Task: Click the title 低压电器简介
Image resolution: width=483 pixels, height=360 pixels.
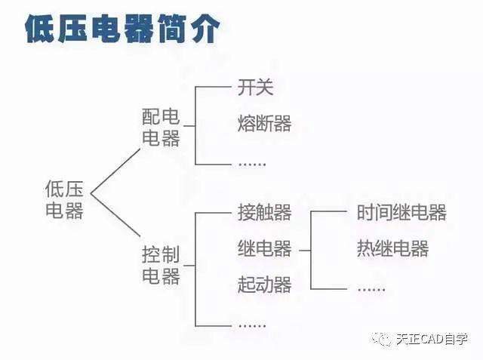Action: [122, 29]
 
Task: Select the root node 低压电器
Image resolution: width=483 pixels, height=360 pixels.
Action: [64, 199]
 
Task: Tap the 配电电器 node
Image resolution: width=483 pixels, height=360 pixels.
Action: [161, 128]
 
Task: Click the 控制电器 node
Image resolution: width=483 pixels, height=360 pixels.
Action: [161, 265]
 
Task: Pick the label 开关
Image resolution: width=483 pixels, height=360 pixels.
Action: [255, 87]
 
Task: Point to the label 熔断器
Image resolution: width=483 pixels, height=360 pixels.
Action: [265, 124]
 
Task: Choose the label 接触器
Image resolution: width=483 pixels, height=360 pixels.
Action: [265, 212]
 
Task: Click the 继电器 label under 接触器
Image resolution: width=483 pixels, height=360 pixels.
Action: [265, 248]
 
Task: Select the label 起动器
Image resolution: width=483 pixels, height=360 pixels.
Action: [265, 285]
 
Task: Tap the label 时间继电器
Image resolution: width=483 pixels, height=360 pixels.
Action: [401, 212]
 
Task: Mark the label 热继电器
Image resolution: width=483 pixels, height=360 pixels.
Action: [392, 248]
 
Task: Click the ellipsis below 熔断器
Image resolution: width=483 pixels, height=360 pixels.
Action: [252, 165]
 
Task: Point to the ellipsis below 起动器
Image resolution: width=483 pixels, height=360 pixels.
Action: [252, 325]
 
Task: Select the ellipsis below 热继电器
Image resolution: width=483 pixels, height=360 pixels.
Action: [371, 290]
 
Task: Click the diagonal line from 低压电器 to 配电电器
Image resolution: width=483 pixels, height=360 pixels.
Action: [115, 171]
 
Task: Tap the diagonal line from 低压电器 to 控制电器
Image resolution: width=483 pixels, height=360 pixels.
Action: [115, 215]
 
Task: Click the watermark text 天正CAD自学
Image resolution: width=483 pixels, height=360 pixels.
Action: [432, 340]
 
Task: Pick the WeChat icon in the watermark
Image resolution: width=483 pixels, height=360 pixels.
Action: [383, 339]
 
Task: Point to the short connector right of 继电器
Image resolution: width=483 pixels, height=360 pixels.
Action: [305, 251]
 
